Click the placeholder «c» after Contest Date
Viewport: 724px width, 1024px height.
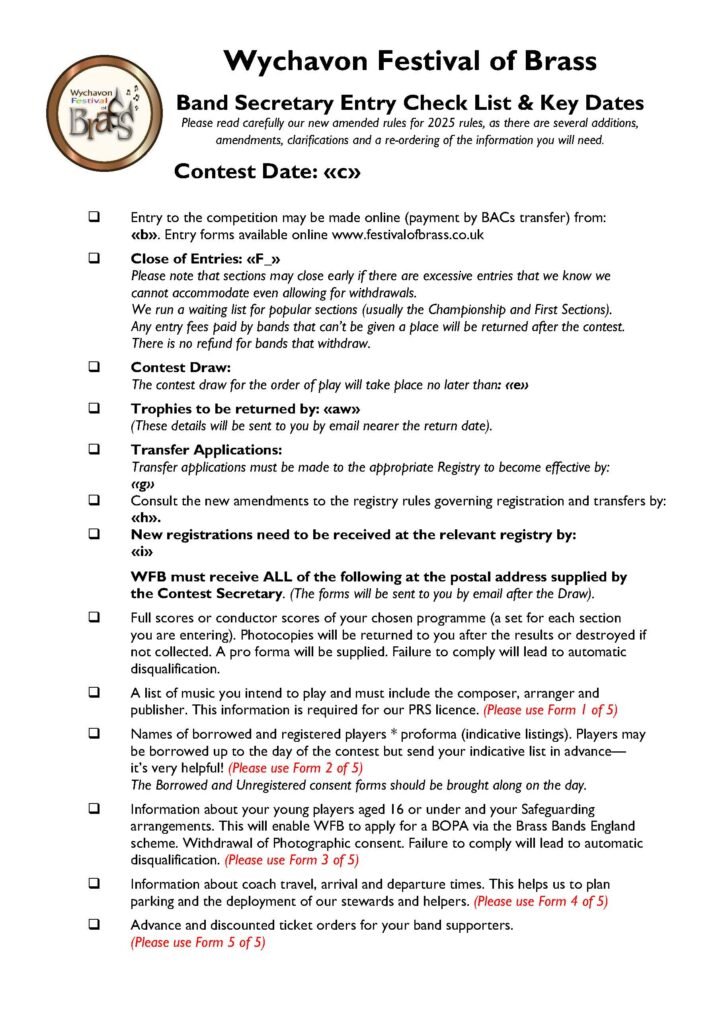(x=341, y=171)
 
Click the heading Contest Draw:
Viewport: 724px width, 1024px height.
(x=181, y=367)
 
